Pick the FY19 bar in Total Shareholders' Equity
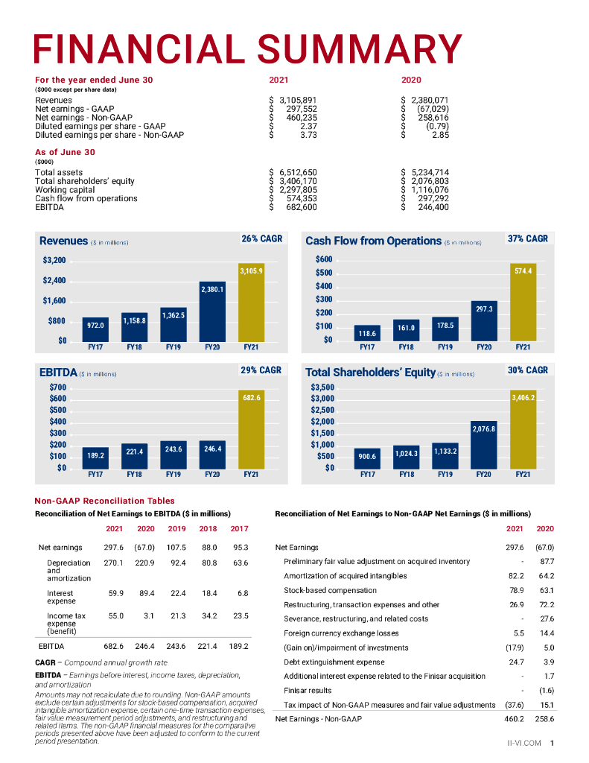coord(445,455)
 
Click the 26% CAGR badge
coord(262,239)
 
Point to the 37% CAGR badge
coord(527,239)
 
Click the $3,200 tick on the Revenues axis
coord(54,261)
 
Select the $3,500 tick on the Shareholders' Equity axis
coord(322,387)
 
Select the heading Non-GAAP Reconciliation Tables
coord(105,501)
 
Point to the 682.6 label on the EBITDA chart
coord(251,399)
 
